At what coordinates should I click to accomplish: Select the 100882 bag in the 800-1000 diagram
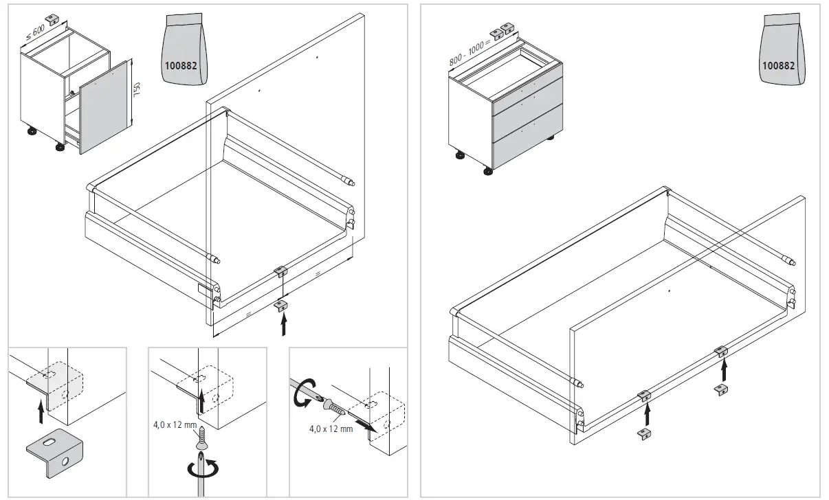click(782, 51)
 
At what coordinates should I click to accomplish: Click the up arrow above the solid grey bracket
click(41, 412)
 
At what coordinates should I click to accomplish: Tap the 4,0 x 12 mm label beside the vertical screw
click(175, 424)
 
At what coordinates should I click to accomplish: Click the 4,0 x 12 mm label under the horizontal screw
click(331, 429)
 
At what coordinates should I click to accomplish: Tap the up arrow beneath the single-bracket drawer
click(283, 323)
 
